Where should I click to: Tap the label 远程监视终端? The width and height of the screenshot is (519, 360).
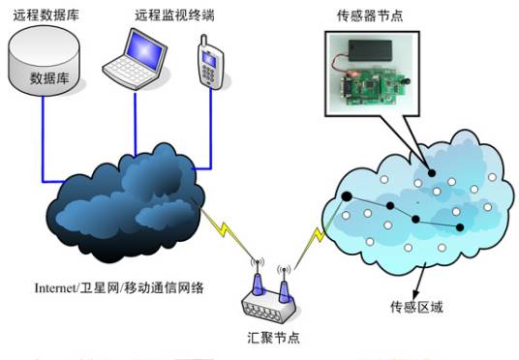pos(172,15)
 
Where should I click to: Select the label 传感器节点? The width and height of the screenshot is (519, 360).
pos(385,15)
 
